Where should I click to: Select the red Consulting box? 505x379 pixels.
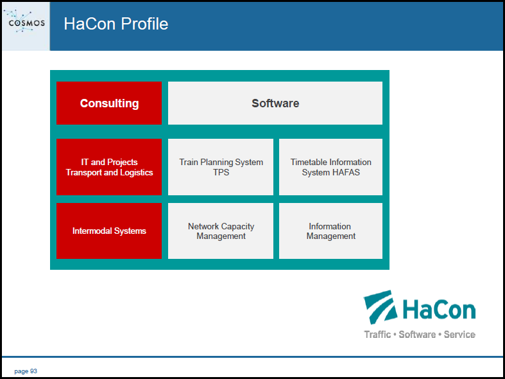click(109, 103)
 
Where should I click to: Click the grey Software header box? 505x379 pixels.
click(275, 103)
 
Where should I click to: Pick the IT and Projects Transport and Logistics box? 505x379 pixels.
click(109, 167)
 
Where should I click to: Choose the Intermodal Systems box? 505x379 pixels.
click(109, 231)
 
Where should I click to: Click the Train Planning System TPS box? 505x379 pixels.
click(221, 167)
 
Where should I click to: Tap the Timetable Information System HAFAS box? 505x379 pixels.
click(330, 167)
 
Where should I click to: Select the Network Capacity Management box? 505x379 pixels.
click(221, 231)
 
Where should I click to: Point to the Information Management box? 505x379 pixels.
click(330, 231)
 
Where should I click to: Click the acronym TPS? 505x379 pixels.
click(221, 172)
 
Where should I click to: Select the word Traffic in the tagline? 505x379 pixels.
click(377, 335)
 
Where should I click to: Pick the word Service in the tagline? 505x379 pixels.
click(459, 335)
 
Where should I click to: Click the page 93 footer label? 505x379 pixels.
click(26, 371)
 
